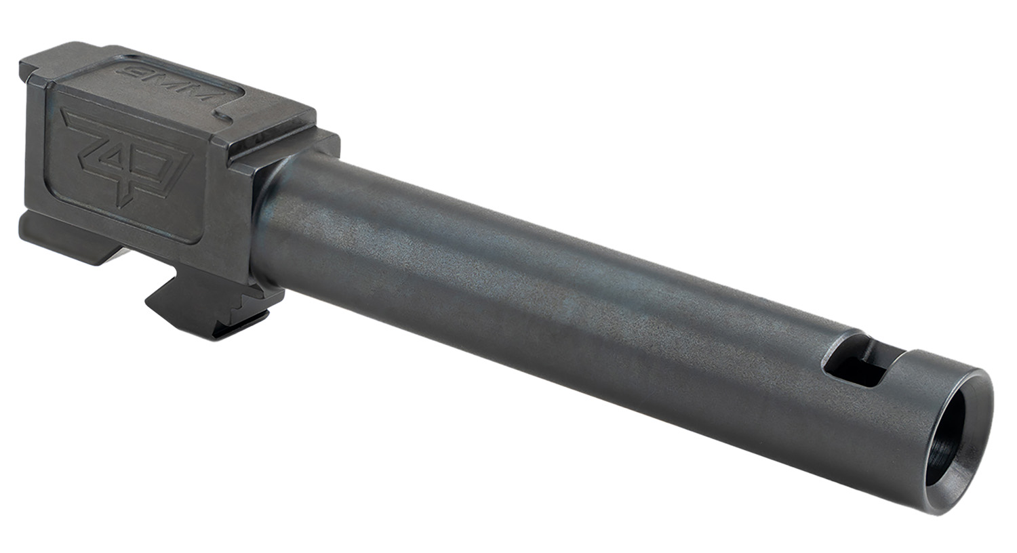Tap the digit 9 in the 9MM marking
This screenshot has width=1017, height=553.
[x=132, y=71]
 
